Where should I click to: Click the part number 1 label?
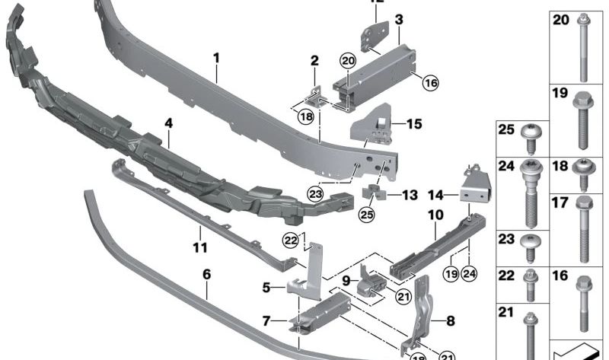(215, 57)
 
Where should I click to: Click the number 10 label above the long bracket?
(435, 215)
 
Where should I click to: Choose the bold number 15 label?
(413, 123)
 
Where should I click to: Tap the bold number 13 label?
(410, 195)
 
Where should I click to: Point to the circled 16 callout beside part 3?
(430, 83)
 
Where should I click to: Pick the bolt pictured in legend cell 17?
(585, 228)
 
